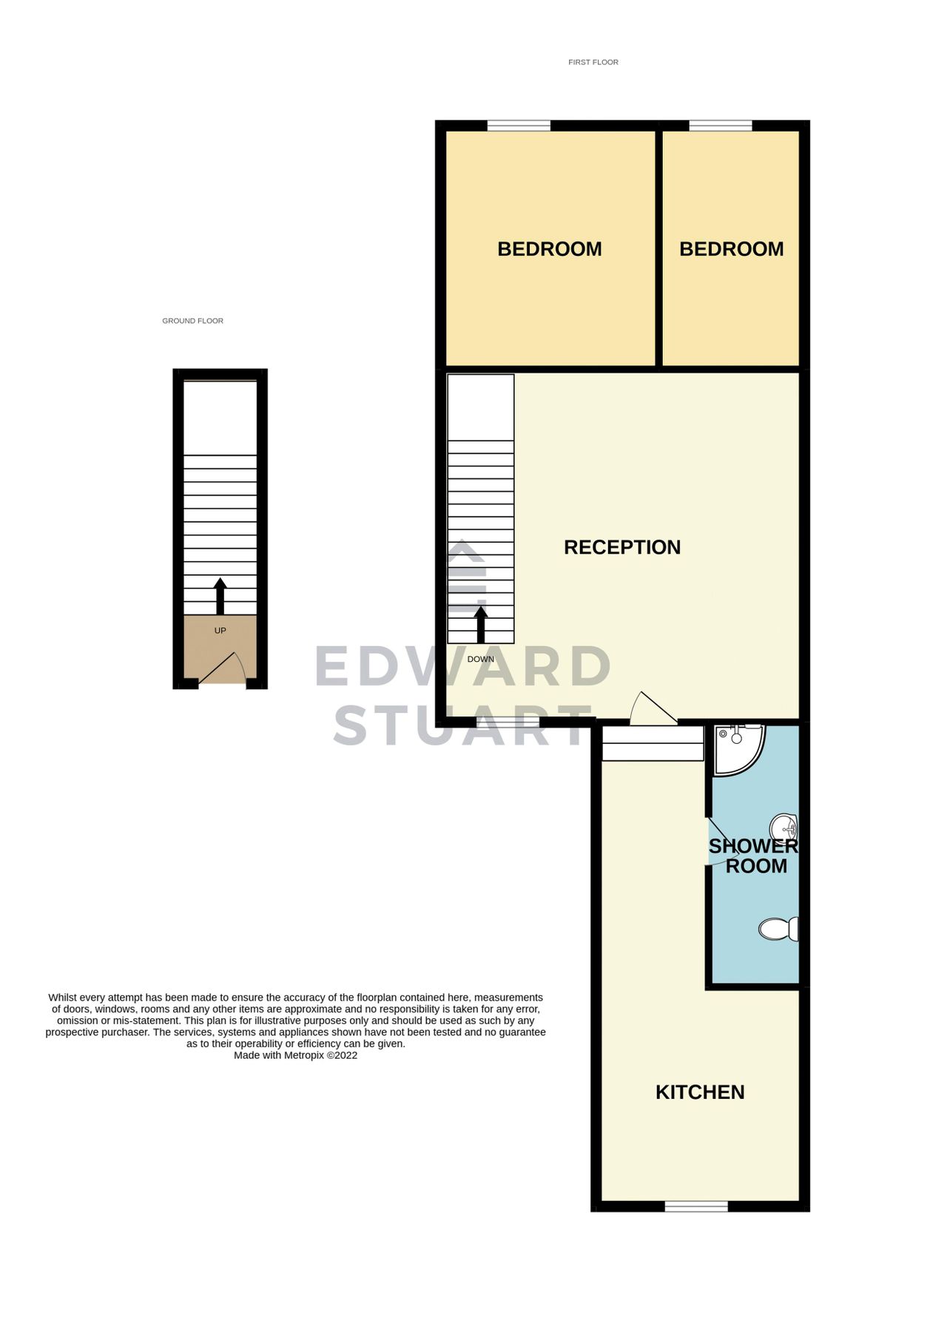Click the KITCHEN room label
click(699, 1092)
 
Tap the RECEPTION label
click(621, 547)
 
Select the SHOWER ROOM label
click(754, 856)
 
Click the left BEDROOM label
click(549, 249)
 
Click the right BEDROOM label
click(731, 249)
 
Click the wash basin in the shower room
click(784, 826)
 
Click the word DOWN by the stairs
click(480, 659)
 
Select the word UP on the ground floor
click(220, 631)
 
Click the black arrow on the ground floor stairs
click(220, 596)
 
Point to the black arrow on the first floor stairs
click(481, 624)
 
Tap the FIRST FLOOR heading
click(593, 62)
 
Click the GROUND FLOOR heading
click(192, 321)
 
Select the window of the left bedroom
click(519, 126)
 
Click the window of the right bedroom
click(720, 126)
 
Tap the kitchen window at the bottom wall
click(696, 1206)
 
